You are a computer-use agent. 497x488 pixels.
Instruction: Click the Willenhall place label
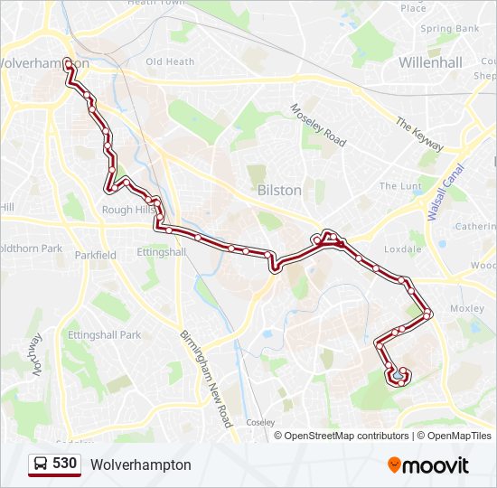coord(430,63)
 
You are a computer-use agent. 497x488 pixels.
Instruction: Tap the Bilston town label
coord(279,191)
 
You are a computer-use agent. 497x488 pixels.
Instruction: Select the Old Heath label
coord(170,61)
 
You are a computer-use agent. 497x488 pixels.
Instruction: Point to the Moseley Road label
coord(318,126)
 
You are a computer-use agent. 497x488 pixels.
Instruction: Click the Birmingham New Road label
coord(208,367)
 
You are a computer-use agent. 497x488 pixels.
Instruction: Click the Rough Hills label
coord(128,210)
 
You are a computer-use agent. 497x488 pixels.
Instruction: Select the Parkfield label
coord(95,255)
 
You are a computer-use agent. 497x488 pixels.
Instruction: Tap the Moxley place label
coord(466,308)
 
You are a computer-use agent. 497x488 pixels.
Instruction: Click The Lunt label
coord(400,186)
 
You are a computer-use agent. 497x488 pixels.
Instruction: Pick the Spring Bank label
coord(449,29)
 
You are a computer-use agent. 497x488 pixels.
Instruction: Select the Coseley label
coord(260,421)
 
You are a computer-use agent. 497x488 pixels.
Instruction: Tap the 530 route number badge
coord(64,464)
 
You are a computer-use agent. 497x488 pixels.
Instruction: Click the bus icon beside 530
coord(41,465)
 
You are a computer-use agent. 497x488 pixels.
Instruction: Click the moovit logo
coord(428,465)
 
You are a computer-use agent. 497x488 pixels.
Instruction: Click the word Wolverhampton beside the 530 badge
coord(140,465)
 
